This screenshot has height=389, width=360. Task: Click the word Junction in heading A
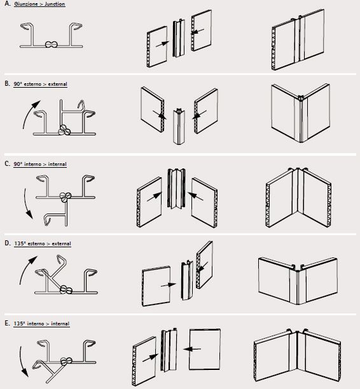pyautogui.click(x=55, y=4)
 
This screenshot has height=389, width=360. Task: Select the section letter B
pyautogui.click(x=7, y=84)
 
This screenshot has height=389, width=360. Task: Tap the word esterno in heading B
pyautogui.click(x=32, y=84)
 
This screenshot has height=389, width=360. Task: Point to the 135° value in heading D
pyautogui.click(x=20, y=243)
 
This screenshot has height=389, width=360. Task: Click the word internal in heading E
pyautogui.click(x=60, y=324)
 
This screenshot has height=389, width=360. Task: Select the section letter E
pyautogui.click(x=7, y=324)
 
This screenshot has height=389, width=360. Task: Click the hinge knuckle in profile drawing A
pyautogui.click(x=52, y=44)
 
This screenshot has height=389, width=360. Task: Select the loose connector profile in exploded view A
pyautogui.click(x=179, y=38)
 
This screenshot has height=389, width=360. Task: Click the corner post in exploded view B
pyautogui.click(x=179, y=126)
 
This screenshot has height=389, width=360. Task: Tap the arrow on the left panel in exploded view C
pyautogui.click(x=155, y=196)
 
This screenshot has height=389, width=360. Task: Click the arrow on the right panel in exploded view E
pyautogui.click(x=192, y=349)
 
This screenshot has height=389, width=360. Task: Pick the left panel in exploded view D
pyautogui.click(x=156, y=286)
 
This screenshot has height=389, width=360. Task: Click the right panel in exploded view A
pyautogui.click(x=202, y=31)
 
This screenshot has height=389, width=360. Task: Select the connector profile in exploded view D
pyautogui.click(x=187, y=280)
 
